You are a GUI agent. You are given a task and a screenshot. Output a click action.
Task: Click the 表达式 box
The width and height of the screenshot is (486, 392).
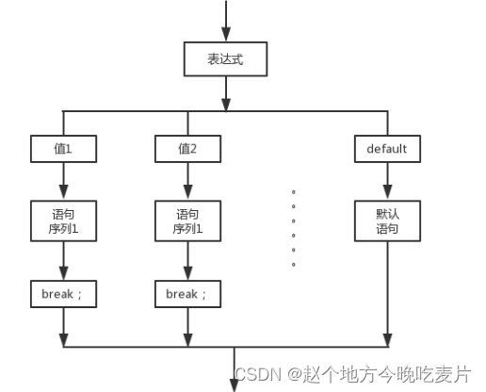coord(226,58)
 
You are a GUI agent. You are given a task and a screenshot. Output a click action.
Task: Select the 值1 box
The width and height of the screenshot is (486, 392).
coord(62,148)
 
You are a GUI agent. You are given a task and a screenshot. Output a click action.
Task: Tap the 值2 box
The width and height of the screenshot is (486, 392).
coord(187,148)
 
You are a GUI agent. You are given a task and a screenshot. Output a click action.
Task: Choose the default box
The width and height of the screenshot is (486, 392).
coord(387,148)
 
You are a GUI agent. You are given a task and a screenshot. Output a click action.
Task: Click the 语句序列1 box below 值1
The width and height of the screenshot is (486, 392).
coord(62,219)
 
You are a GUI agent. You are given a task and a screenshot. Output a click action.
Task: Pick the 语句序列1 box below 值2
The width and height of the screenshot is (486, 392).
coord(187,219)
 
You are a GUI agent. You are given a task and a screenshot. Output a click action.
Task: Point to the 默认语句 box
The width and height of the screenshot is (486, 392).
coord(387,219)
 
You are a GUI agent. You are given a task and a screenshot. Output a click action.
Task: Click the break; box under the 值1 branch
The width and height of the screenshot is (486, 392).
coord(62,293)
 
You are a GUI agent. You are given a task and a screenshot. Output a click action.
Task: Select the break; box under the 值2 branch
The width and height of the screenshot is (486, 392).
coord(187,293)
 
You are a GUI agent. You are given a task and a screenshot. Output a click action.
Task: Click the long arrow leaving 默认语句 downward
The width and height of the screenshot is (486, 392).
coord(387,292)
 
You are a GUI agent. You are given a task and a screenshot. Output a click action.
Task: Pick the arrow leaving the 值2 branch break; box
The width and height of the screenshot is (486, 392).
coord(187,326)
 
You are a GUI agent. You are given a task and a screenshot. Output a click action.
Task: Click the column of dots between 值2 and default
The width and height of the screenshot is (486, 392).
coord(294,227)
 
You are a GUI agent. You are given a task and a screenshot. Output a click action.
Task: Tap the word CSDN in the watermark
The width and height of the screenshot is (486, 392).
coord(251,373)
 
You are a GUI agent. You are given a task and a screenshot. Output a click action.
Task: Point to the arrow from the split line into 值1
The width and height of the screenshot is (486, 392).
coord(62,123)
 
